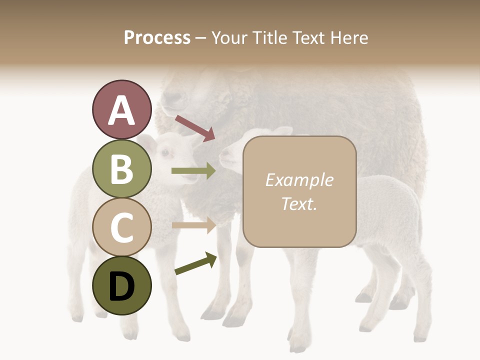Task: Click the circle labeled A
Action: [x=121, y=109]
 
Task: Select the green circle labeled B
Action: [x=121, y=168]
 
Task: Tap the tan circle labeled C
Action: [x=121, y=227]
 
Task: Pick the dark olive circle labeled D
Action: [x=121, y=285]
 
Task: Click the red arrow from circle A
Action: [x=194, y=128]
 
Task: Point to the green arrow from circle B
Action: [x=193, y=171]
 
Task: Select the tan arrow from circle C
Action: [x=193, y=225]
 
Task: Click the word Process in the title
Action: [x=157, y=37]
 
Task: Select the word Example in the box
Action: [x=299, y=180]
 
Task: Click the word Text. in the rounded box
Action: [x=299, y=203]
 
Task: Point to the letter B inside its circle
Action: [x=121, y=169]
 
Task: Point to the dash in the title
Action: [x=200, y=38]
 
